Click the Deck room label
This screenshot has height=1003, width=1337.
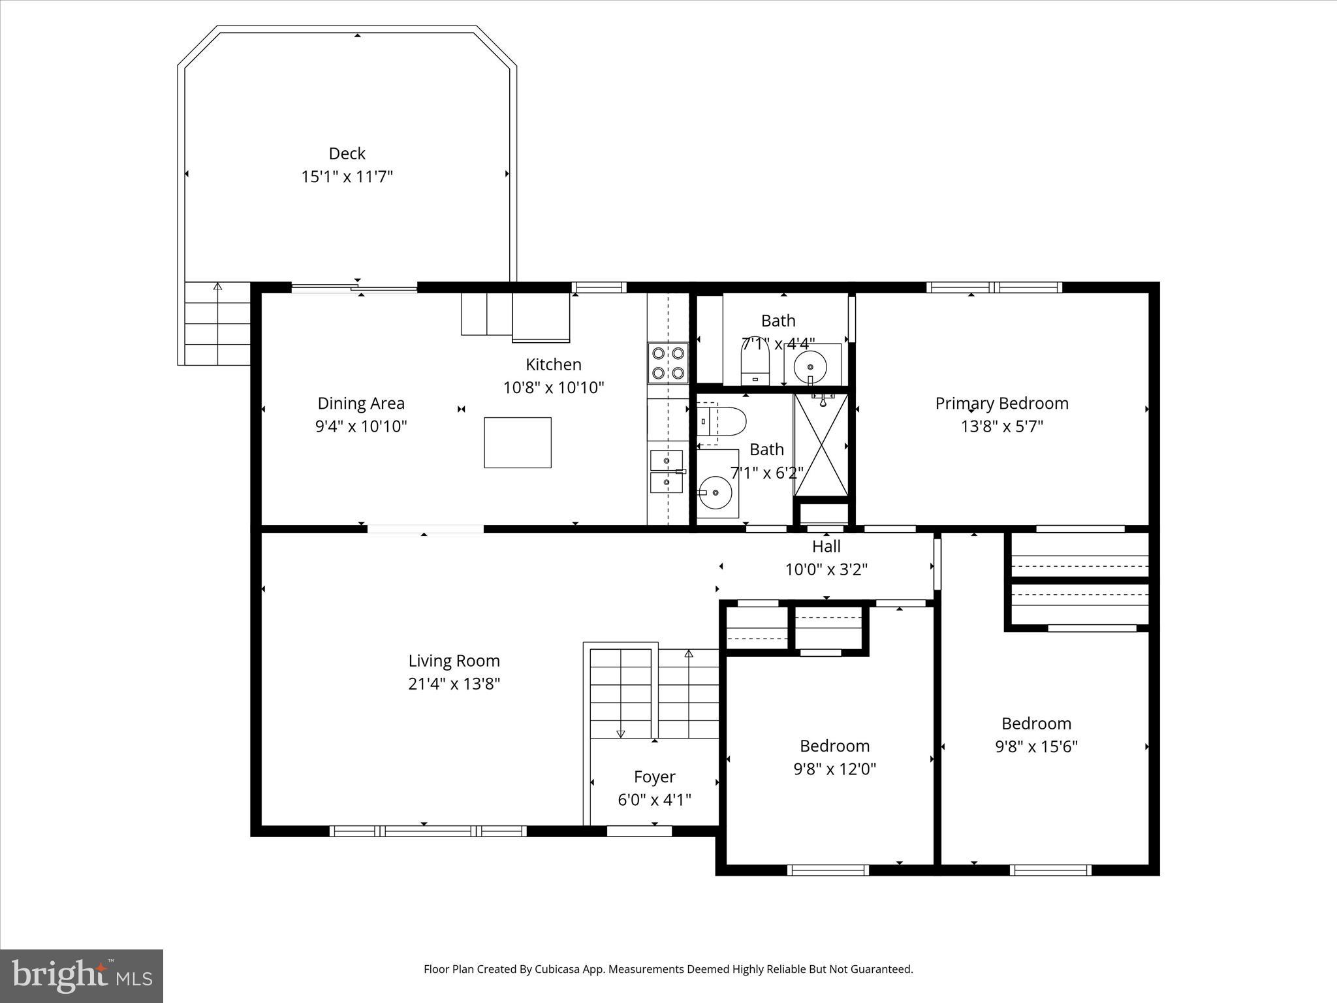347,153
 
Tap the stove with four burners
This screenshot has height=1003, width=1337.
668,363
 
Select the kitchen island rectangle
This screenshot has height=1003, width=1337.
517,443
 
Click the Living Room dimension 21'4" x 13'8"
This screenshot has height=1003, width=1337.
454,684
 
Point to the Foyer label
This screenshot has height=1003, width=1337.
654,776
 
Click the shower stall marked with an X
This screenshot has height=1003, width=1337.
821,445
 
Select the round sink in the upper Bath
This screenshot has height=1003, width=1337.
810,366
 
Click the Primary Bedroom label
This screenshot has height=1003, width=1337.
1001,404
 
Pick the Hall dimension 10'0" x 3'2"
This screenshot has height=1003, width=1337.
826,569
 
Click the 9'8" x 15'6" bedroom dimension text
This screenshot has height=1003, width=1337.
1036,746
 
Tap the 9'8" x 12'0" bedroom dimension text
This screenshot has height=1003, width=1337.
834,769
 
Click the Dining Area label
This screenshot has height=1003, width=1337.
361,404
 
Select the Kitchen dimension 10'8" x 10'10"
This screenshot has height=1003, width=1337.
554,388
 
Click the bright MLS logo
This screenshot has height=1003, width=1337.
82,976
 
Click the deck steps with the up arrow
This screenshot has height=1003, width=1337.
217,323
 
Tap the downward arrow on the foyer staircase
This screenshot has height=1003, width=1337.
620,733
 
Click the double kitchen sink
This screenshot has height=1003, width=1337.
667,471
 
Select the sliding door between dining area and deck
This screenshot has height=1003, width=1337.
354,287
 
